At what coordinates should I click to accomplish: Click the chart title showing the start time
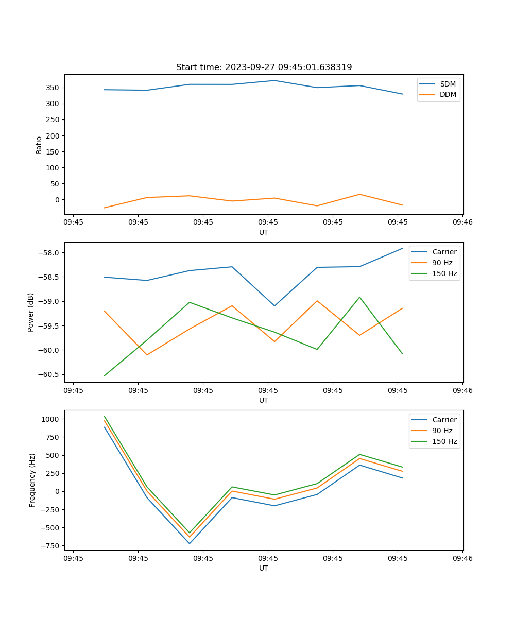264,67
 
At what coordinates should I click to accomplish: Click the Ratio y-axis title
39,145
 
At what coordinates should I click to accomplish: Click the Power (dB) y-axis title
31,312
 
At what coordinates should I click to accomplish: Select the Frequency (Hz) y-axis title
32,480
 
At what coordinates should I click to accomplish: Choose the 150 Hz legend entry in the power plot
444,273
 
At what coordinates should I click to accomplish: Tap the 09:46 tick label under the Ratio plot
462,222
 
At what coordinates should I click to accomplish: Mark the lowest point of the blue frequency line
190,543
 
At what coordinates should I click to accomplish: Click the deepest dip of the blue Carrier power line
274,306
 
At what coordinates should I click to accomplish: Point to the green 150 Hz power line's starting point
105,375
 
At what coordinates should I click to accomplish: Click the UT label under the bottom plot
264,568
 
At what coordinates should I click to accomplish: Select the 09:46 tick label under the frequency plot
462,558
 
